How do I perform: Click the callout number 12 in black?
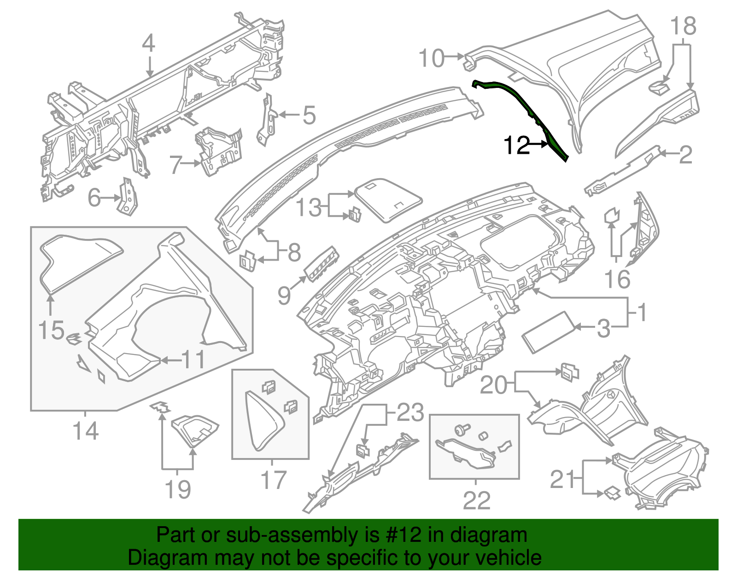(x=516, y=145)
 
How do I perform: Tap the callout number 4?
(x=148, y=45)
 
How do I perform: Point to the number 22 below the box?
(x=476, y=500)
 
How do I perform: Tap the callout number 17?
(x=274, y=480)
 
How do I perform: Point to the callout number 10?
(x=432, y=58)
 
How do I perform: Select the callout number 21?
(x=563, y=480)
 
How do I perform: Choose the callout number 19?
(x=178, y=489)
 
